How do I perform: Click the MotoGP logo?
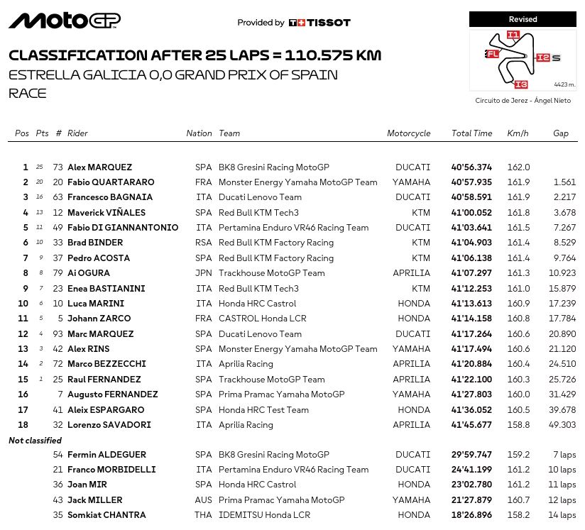point(65,21)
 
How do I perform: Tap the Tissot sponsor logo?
point(319,23)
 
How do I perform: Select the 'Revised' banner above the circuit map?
point(523,19)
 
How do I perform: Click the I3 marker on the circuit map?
point(520,84)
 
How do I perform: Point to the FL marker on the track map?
point(492,54)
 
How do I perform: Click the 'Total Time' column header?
point(471,133)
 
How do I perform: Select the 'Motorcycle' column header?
point(408,133)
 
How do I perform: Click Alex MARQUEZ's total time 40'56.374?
point(471,167)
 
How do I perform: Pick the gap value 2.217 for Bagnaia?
point(564,197)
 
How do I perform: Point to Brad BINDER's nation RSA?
point(204,243)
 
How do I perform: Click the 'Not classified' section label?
point(35,441)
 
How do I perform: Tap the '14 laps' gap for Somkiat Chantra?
point(562,515)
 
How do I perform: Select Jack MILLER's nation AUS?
point(204,500)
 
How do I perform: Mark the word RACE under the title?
point(27,93)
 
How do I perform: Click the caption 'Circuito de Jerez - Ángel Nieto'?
point(523,101)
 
